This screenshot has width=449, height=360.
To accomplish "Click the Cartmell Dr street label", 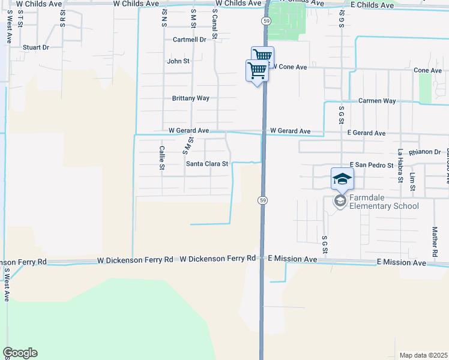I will tap(189, 40).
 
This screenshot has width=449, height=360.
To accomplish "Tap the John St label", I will tap(178, 61).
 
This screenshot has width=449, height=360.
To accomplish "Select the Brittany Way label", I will tap(190, 98).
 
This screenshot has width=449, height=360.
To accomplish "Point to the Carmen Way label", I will tap(377, 101).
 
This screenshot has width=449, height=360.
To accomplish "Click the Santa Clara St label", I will tap(207, 163).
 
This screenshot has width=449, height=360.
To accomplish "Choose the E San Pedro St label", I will tap(371, 165).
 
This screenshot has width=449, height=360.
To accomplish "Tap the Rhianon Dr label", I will tap(424, 152).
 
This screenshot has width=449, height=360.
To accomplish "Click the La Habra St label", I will tap(400, 165).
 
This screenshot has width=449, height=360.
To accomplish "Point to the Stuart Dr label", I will tap(35, 47).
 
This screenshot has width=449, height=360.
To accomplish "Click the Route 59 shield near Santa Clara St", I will tap(262, 199).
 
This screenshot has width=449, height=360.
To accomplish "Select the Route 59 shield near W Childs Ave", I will tap(265, 20).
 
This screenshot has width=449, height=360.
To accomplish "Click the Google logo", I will tap(20, 353).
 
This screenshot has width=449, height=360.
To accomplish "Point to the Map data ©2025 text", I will tap(423, 355).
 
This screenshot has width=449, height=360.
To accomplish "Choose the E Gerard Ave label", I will tap(367, 133).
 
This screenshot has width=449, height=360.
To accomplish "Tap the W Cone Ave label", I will tap(291, 67).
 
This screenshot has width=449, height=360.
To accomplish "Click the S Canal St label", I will tap(214, 24).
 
